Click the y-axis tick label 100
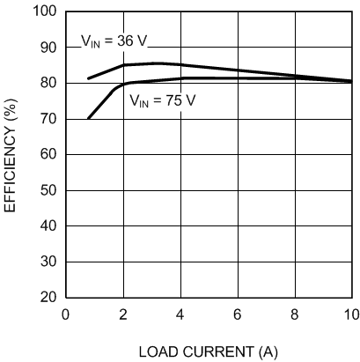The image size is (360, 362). tap(44, 11)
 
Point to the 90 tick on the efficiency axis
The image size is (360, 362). tap(48, 48)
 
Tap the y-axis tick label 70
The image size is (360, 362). tap(48, 119)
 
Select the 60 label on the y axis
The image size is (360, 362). tap(48, 155)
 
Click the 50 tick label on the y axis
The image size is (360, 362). tap(48, 190)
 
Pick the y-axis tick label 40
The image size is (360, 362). tap(48, 226)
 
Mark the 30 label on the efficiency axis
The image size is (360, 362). tap(48, 262)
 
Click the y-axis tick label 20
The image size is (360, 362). tap(48, 298)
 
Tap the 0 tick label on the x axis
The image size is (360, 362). tap(64, 314)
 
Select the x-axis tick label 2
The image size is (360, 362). tap(121, 314)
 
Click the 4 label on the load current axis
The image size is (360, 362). tap(180, 314)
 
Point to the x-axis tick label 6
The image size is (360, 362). tap(237, 314)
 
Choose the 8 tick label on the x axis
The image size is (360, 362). tap(294, 314)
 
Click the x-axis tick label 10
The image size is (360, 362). tap(349, 314)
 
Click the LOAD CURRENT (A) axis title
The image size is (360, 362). tap(208, 351)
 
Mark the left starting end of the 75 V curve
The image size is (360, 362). tap(88, 118)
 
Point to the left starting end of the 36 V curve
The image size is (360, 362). tap(88, 78)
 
